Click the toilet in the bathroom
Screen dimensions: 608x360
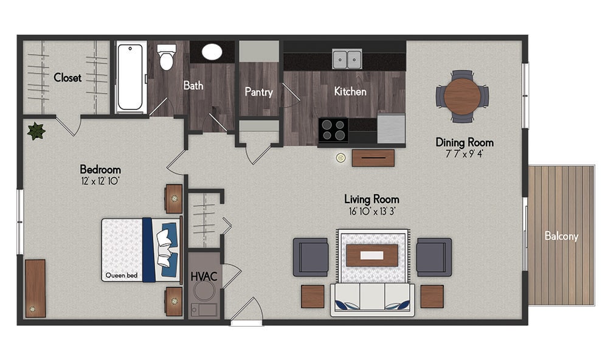(167, 57)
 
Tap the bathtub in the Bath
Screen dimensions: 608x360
(130, 77)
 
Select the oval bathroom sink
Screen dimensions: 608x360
(212, 52)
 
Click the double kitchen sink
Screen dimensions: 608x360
(347, 59)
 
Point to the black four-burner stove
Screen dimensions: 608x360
(333, 130)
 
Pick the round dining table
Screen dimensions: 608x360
(462, 96)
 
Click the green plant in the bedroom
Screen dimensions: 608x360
(36, 131)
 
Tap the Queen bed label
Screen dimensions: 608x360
(122, 275)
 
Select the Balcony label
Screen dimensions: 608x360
(561, 236)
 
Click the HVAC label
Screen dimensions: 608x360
(204, 277)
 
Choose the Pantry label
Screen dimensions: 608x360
(258, 92)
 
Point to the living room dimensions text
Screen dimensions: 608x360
(371, 212)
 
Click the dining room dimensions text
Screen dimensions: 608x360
(464, 154)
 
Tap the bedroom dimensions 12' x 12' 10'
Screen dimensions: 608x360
(100, 181)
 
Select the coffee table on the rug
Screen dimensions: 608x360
(372, 255)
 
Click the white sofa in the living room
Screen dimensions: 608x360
(372, 299)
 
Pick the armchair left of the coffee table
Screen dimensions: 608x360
(311, 257)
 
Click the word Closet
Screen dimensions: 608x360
(67, 78)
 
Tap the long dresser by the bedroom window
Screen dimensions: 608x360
(35, 288)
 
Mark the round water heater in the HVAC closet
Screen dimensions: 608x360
(204, 291)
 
